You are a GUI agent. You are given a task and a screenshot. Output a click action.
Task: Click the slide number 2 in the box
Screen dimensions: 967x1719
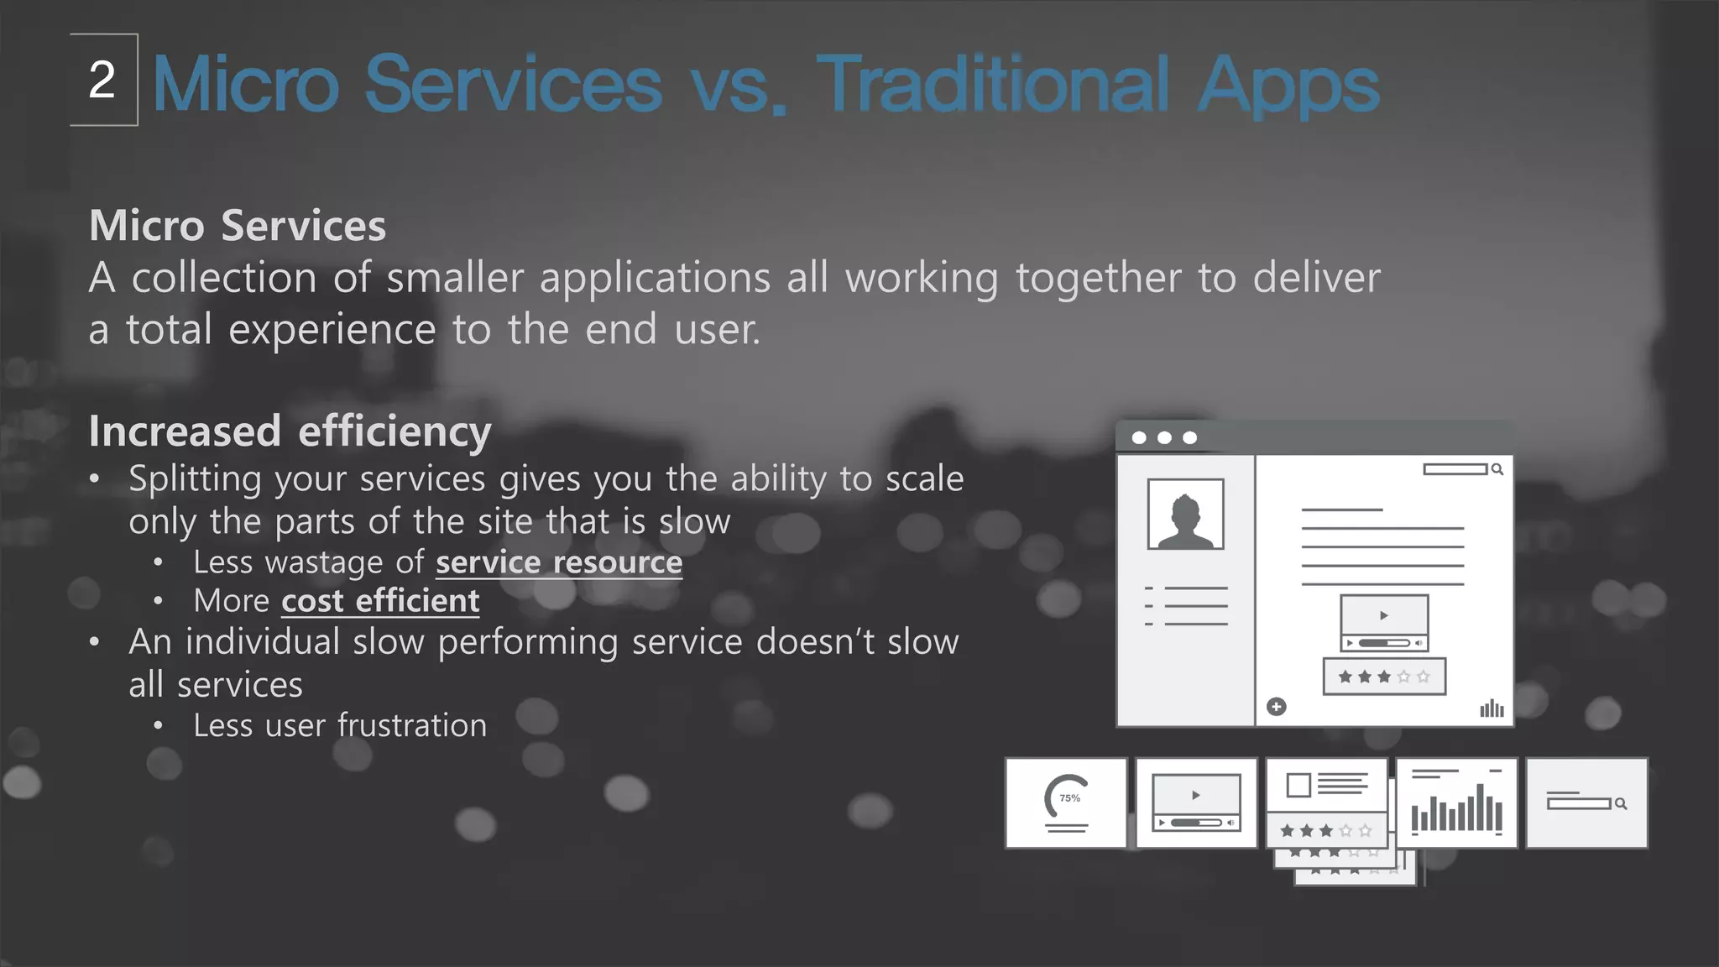pos(102,81)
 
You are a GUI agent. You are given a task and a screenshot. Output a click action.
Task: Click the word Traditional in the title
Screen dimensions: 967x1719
pos(991,84)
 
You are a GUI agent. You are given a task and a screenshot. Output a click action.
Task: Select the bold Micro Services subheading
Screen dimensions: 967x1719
pos(238,226)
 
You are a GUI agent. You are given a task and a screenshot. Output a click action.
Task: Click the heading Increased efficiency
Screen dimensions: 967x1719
pos(290,431)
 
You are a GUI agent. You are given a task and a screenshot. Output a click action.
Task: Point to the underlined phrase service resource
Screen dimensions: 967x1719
pos(558,562)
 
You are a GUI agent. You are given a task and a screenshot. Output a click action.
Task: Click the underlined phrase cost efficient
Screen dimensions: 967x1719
pos(380,601)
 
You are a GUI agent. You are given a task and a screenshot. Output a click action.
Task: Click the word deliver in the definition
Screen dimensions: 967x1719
pos(1316,278)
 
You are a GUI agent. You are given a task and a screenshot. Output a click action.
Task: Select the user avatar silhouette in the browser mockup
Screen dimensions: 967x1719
pos(1185,515)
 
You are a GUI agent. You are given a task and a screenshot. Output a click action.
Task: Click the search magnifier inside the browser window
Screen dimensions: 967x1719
pos(1497,469)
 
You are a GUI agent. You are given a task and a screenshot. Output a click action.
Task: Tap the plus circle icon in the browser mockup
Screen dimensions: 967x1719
pos(1276,707)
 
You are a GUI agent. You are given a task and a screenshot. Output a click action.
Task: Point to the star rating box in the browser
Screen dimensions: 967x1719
pos(1384,677)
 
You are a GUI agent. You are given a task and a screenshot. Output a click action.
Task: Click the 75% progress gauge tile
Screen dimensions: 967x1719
pos(1066,802)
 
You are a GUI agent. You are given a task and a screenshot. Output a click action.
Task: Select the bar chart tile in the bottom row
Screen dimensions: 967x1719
pos(1456,802)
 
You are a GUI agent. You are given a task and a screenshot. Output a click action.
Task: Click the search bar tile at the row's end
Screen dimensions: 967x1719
pos(1586,803)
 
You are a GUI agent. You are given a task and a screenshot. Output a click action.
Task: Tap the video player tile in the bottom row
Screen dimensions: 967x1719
pos(1196,802)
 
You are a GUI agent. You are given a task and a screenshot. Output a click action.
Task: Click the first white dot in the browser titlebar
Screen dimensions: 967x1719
pos(1139,437)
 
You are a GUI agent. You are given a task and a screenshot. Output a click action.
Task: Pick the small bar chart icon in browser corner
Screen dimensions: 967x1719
pos(1492,708)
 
